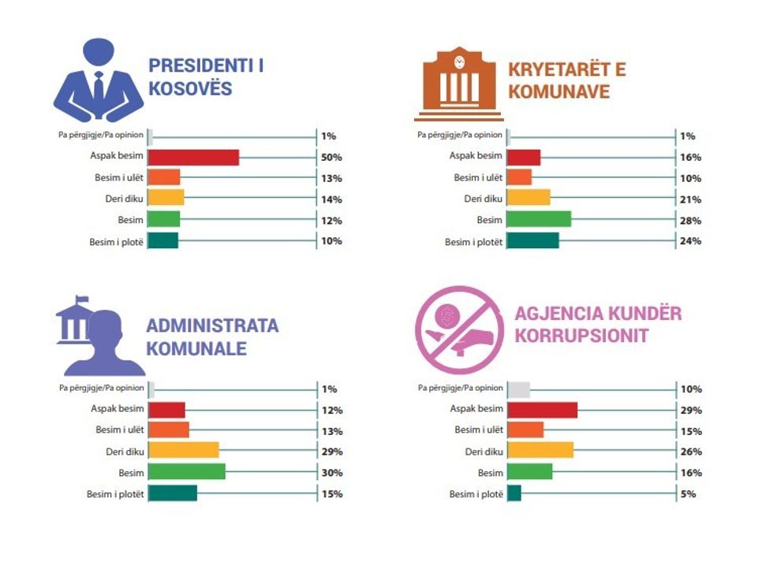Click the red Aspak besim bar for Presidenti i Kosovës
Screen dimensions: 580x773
(193, 158)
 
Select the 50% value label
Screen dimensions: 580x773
(331, 158)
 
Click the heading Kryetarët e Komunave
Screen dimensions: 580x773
(567, 80)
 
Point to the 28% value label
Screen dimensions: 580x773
(691, 221)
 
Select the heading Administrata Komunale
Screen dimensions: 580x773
(212, 336)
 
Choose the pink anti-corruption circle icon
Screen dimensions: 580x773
(458, 329)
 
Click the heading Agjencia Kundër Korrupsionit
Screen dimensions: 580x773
(598, 324)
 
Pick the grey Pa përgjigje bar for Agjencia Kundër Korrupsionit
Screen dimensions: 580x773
(518, 389)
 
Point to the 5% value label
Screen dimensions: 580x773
(688, 494)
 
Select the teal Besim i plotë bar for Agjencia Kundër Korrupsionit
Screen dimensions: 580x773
(513, 494)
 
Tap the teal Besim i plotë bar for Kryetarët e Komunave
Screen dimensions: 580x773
(532, 241)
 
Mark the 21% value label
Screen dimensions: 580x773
(691, 199)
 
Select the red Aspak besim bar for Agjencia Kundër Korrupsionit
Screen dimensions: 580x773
(542, 410)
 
